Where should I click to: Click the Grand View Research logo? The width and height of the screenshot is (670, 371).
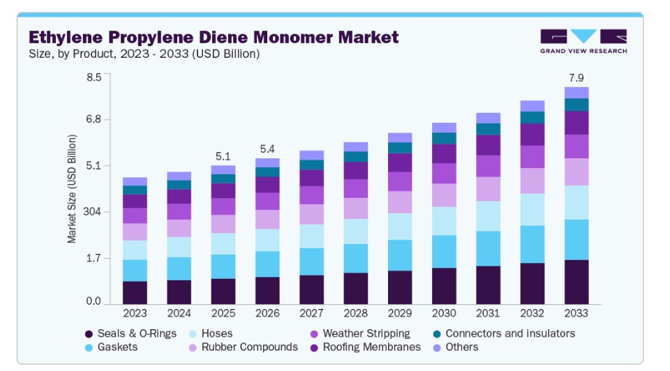[583, 41]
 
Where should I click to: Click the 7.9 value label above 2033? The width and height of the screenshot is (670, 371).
[576, 77]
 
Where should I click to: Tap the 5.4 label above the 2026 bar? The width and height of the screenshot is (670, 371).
[267, 149]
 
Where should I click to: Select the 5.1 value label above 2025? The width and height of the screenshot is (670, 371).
[223, 156]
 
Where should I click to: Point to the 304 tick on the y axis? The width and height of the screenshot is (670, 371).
[93, 211]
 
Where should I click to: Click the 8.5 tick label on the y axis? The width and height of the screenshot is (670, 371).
[94, 77]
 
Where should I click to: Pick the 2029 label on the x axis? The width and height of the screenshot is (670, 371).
[399, 313]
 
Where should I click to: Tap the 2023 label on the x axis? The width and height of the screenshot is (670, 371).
[135, 313]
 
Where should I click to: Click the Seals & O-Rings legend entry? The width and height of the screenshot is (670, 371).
[131, 333]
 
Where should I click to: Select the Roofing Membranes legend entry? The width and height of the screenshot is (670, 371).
[365, 347]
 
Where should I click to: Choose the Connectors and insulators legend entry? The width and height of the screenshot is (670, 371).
[504, 333]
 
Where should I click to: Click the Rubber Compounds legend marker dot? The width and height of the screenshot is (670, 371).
[193, 347]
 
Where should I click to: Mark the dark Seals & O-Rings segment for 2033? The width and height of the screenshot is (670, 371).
[576, 282]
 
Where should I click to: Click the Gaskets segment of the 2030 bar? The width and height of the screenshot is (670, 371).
[444, 252]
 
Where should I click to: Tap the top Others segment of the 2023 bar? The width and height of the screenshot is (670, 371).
[135, 181]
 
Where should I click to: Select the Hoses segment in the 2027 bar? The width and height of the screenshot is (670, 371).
[311, 236]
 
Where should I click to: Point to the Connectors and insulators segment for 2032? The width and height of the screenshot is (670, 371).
[532, 117]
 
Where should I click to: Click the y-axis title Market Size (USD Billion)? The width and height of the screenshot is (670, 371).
[72, 189]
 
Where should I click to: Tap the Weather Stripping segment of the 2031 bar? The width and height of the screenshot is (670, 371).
[488, 166]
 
